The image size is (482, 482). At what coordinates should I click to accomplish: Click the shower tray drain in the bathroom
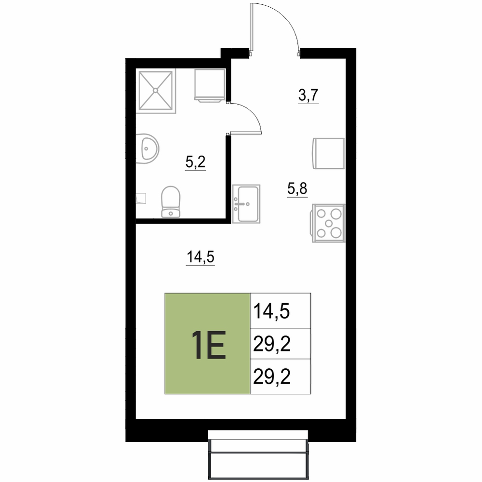[156, 91]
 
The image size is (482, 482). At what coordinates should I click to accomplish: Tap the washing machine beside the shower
[210, 85]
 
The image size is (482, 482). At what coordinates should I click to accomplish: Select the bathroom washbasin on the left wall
[147, 148]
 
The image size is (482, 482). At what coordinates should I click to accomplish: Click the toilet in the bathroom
[171, 201]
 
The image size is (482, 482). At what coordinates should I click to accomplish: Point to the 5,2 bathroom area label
[196, 162]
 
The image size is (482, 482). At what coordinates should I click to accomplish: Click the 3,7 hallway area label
[308, 95]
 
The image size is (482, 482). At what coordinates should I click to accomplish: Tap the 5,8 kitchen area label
[297, 188]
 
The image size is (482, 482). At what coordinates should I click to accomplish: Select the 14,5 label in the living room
[201, 257]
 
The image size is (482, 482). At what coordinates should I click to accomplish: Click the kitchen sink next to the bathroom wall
[246, 204]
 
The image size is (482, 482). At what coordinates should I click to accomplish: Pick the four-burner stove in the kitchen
[329, 223]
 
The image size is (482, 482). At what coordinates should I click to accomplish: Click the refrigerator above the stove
[329, 153]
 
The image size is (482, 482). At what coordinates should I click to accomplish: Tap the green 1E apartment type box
[207, 343]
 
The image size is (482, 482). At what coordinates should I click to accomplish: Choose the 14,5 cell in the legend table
[281, 310]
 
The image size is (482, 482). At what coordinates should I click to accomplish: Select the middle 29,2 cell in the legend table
[281, 343]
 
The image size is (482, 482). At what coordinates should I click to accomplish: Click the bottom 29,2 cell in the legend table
[281, 376]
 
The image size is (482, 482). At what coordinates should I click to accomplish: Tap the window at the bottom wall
[258, 455]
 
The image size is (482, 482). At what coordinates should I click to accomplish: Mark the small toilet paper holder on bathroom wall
[141, 198]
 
